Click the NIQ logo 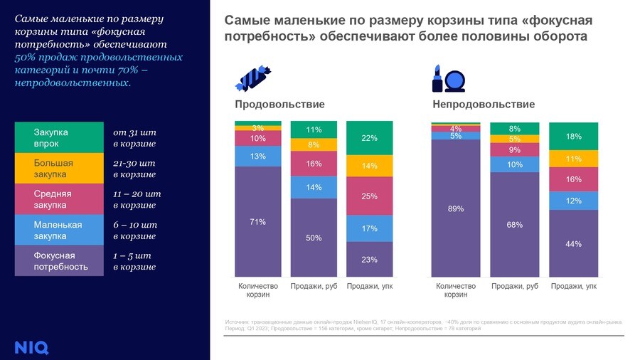click(31, 347)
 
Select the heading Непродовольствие click(483, 105)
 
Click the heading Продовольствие click(279, 105)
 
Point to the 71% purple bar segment click(258, 222)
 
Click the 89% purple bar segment click(456, 208)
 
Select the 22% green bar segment click(369, 138)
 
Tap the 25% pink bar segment click(369, 196)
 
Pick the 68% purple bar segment click(515, 225)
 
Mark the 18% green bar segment click(574, 136)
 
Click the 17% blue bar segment click(369, 228)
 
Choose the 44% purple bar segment click(574, 243)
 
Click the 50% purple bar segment click(314, 238)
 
